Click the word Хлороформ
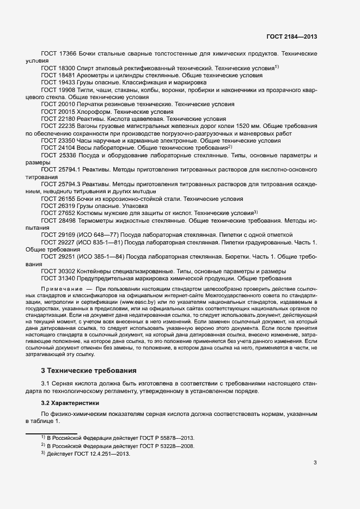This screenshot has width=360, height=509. pos(96,111)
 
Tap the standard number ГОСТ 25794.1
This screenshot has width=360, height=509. pos(61,169)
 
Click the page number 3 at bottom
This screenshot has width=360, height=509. pos(315,463)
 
